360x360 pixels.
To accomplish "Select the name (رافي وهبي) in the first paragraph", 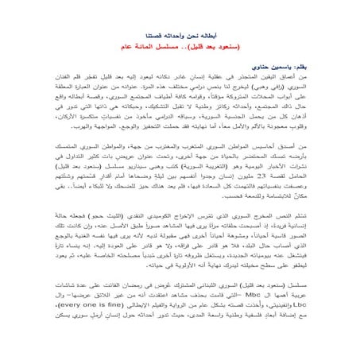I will click(x=286, y=90).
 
